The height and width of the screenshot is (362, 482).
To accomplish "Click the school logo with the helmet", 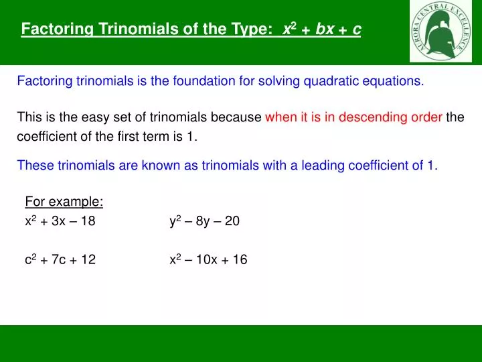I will coord(440,32).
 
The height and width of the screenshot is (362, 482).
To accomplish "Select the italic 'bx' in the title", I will coord(325,29).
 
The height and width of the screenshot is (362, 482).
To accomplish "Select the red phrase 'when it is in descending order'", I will coord(353,118).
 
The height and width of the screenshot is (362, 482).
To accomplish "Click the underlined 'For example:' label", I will coord(64,202).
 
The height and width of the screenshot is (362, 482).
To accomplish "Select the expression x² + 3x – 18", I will coord(60,221).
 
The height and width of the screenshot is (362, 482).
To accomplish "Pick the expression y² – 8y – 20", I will coord(204,221).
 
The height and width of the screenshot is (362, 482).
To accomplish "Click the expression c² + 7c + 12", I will coord(60,260).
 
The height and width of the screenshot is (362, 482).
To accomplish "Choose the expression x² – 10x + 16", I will coord(208,260).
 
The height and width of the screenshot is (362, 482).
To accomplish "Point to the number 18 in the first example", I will coord(88,222).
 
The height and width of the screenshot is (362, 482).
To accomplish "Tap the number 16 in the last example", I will coord(240,260).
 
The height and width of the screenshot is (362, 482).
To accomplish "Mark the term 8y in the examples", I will coord(203,222).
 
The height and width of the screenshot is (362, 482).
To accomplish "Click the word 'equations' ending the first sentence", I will coord(399,82).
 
